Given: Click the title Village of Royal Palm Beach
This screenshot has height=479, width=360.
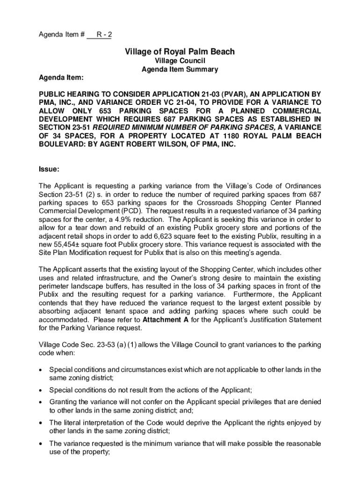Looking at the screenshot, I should coord(180,51).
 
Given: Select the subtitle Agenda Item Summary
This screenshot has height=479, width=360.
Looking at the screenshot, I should coord(180,69).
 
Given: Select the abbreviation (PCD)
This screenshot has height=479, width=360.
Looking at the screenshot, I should coord(118,210).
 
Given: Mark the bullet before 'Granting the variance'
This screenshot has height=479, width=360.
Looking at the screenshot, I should coord(41,402).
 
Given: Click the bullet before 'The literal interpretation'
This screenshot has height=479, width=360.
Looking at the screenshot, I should coord(41,423).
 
